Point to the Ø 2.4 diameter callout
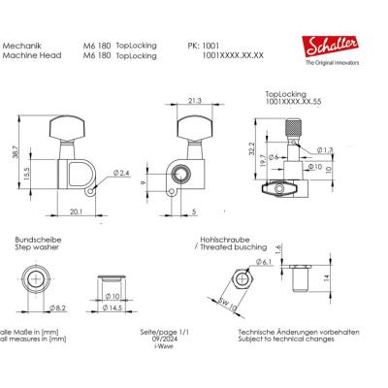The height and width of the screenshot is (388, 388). [x=122, y=173]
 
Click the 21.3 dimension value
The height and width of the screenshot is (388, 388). [x=194, y=99]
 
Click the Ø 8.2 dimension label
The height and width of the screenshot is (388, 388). [x=57, y=307]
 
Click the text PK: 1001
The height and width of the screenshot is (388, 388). [x=204, y=46]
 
